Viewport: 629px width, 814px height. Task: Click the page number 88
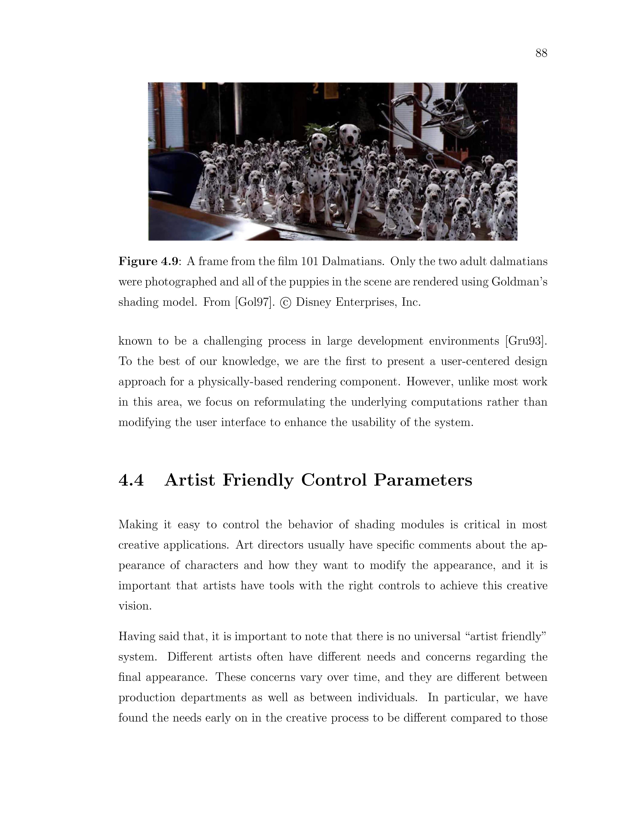[541, 53]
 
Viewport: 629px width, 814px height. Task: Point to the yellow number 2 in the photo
[316, 88]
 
